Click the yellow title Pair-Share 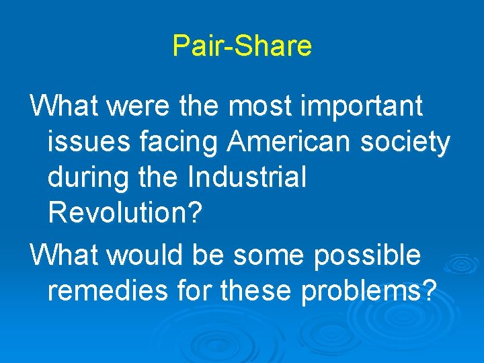(242, 46)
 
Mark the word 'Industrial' (247, 178)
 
